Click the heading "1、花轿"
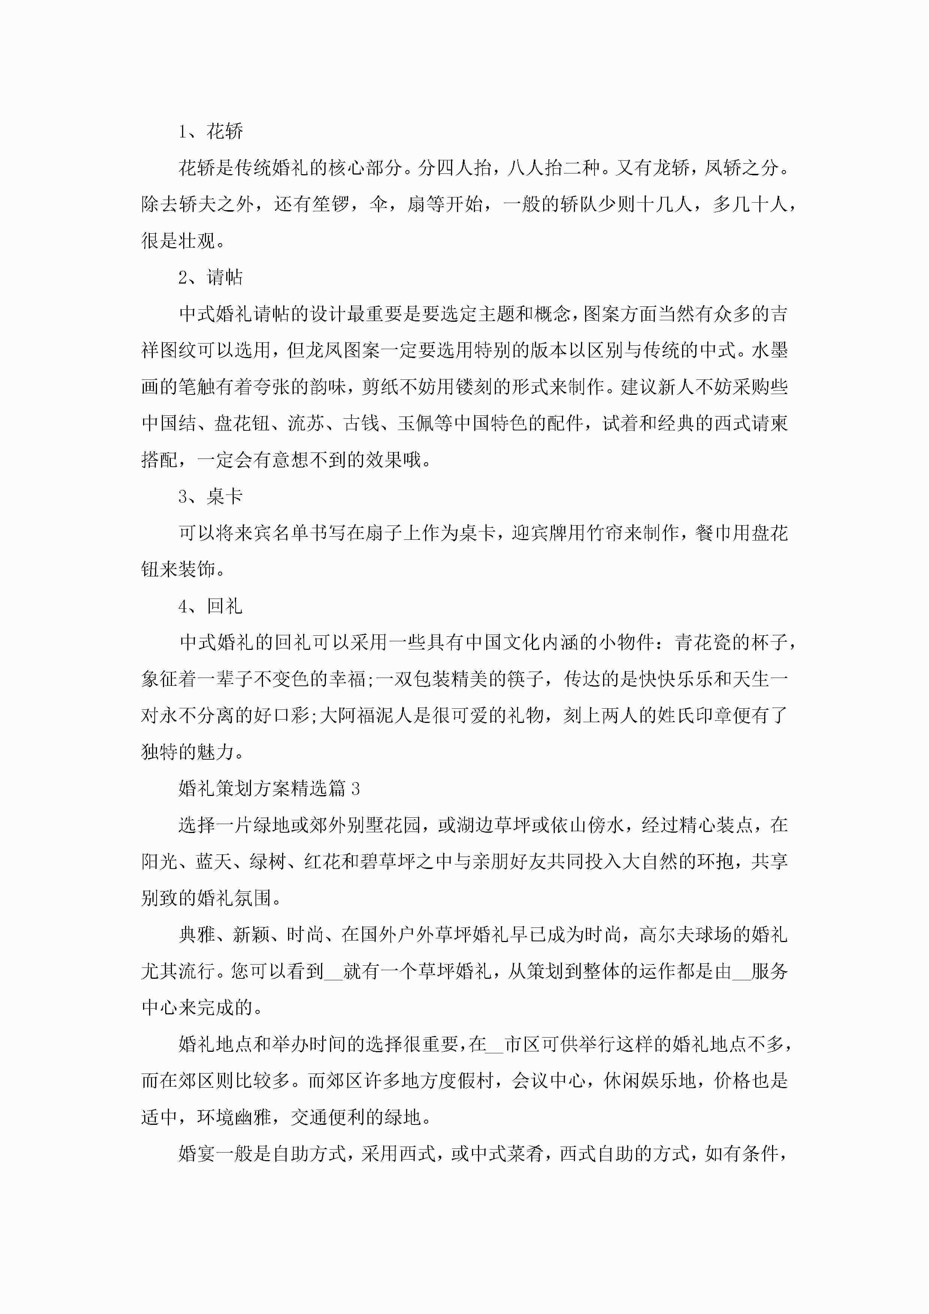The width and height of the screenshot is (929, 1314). pos(210,131)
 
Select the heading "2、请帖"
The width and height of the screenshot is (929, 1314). pos(210,278)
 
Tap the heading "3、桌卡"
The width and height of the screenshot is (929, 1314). pos(210,496)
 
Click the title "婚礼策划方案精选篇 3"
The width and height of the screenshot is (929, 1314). pos(269,788)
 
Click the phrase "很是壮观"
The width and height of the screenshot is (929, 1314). pos(178,241)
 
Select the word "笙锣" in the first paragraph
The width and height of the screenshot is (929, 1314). pos(330,204)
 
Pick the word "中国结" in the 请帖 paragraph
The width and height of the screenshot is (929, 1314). pos(169,424)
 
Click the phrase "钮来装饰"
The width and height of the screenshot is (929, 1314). pos(178,569)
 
